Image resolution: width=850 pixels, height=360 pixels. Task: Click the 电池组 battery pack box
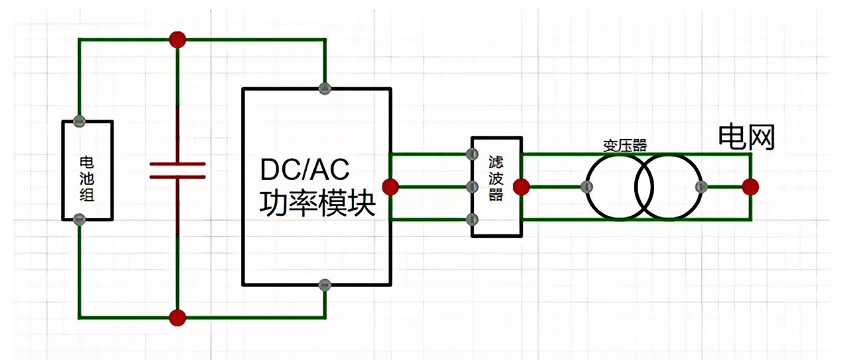point(87,170)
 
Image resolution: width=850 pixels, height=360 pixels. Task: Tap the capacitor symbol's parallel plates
point(177,170)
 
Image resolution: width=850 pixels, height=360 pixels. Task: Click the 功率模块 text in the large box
point(317,204)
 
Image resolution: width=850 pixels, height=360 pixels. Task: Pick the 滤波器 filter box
point(497,187)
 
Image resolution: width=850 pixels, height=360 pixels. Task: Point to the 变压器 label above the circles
point(625,145)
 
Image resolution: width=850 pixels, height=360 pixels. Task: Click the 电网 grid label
point(746,137)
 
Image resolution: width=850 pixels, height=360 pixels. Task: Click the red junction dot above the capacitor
point(177,40)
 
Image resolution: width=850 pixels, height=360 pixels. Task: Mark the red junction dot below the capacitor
point(177,317)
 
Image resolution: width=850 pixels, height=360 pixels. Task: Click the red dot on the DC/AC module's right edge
point(390,187)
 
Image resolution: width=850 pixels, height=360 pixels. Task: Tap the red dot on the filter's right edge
point(522,187)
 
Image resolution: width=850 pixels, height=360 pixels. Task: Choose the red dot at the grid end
point(751,187)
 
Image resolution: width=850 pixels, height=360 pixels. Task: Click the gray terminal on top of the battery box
point(79,121)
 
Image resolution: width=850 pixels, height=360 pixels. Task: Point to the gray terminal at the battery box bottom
point(79,219)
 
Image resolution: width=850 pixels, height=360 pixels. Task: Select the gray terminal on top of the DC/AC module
point(325,88)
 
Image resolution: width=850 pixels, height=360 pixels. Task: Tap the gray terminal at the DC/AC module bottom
point(325,286)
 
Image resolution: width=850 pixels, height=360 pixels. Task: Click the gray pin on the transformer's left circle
point(588,187)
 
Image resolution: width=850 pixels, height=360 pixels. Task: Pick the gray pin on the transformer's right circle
point(699,187)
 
